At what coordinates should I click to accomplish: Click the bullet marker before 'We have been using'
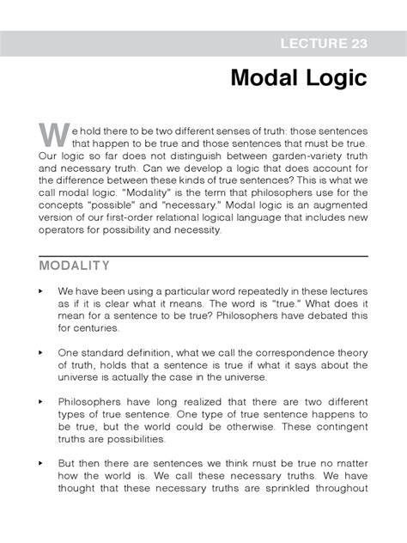click(x=41, y=291)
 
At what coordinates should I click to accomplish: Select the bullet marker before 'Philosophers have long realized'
click(x=41, y=401)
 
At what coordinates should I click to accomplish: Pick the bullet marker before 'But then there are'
click(x=41, y=462)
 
